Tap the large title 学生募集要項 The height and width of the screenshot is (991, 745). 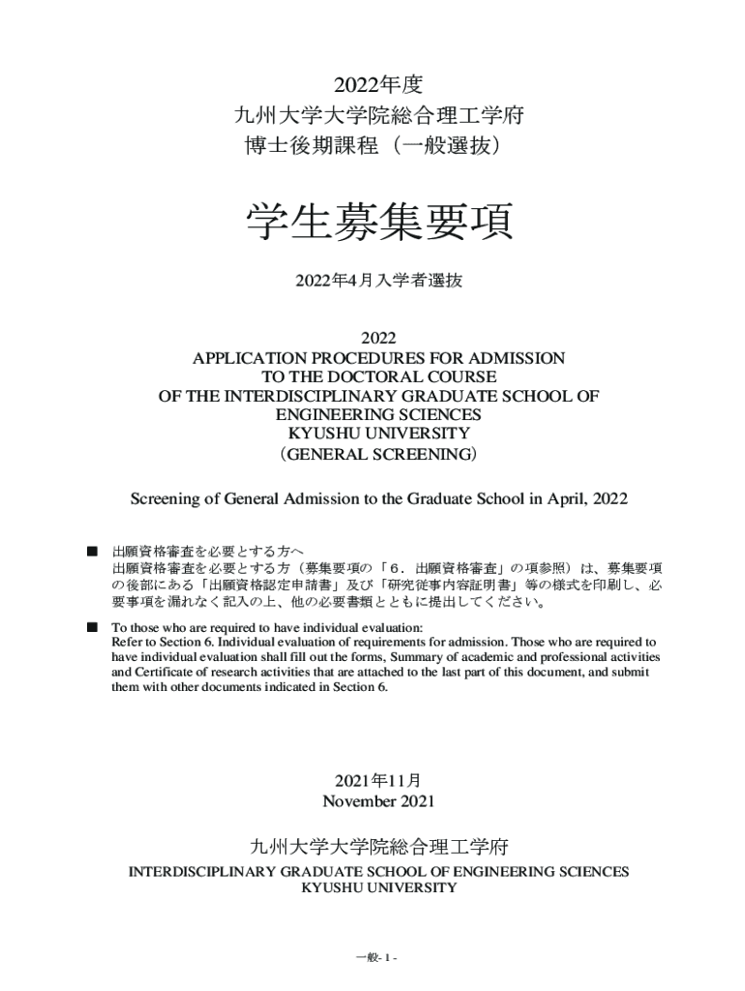point(378,222)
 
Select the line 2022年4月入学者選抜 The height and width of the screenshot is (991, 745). point(378,281)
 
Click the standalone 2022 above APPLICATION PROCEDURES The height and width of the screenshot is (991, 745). point(378,339)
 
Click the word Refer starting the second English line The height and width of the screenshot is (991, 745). point(129,642)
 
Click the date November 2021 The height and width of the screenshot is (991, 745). point(378,801)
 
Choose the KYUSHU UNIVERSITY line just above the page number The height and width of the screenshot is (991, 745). point(378,888)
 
